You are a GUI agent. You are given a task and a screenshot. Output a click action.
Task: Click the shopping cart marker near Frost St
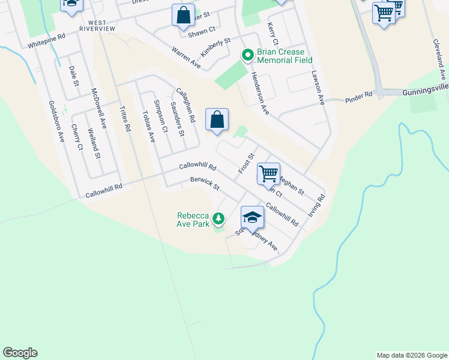268,173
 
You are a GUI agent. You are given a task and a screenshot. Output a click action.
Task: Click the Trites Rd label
125,118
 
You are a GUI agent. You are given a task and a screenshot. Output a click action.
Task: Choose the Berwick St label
205,184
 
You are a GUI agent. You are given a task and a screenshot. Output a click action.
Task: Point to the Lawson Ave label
318,88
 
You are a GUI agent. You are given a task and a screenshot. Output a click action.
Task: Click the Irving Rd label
317,206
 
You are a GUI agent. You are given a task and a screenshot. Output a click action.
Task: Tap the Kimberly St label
215,47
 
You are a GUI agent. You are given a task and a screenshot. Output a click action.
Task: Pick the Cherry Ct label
76,137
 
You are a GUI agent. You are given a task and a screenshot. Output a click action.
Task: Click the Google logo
20,353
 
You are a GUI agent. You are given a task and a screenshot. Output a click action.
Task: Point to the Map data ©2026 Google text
411,355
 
